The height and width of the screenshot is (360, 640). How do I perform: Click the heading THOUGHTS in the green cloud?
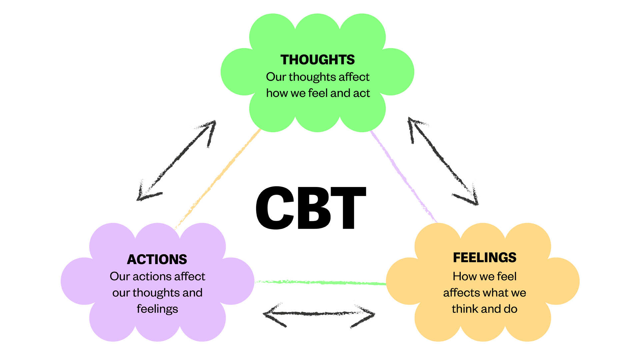click(x=317, y=60)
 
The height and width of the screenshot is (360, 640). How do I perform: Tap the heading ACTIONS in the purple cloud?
click(x=157, y=259)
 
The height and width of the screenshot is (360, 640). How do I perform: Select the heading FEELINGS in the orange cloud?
click(x=484, y=257)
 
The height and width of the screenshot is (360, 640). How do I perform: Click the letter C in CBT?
click(x=275, y=208)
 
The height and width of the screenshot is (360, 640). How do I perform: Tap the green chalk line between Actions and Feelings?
click(x=320, y=283)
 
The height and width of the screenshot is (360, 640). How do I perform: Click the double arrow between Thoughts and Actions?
click(x=177, y=160)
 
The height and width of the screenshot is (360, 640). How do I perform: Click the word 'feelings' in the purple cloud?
click(x=157, y=309)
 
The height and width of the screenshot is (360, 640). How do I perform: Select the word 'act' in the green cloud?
click(x=361, y=93)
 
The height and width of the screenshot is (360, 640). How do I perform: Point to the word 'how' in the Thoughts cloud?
click(x=277, y=93)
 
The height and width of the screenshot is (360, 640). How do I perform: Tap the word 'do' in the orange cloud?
click(x=510, y=309)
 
